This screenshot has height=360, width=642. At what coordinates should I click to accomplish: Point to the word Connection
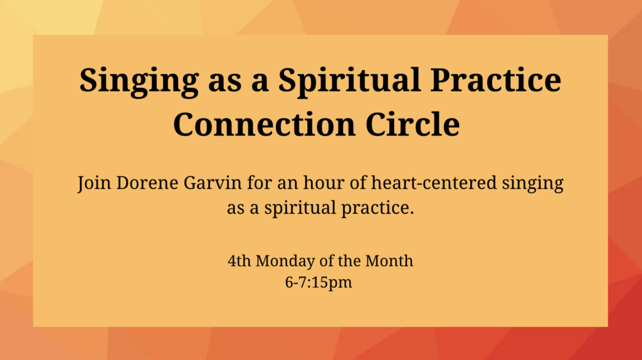tap(264, 124)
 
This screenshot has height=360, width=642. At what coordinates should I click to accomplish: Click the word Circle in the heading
tap(413, 124)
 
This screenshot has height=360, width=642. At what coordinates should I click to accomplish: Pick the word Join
tap(94, 184)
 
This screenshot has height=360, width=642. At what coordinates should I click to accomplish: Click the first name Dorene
tap(147, 183)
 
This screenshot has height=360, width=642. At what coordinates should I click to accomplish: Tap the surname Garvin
tap(213, 183)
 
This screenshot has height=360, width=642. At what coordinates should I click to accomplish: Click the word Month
tap(389, 261)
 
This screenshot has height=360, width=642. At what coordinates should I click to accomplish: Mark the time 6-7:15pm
tap(318, 283)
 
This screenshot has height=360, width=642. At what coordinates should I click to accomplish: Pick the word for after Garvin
tap(259, 183)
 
